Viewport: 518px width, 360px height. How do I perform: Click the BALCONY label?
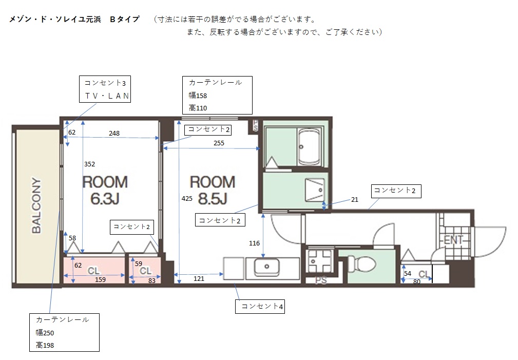click(36, 205)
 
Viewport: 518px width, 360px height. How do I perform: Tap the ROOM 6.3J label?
click(105, 190)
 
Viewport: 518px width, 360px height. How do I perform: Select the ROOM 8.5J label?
click(213, 190)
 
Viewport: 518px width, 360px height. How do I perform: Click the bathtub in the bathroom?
click(309, 147)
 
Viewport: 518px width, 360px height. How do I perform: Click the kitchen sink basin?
click(266, 267)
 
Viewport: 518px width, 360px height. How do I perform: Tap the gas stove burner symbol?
click(319, 260)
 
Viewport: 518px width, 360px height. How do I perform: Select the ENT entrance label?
click(454, 240)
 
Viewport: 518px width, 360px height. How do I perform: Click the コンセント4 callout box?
click(260, 307)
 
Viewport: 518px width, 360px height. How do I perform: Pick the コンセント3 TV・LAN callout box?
click(105, 89)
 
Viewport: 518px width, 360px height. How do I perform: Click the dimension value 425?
click(187, 198)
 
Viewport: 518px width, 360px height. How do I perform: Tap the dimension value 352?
click(89, 164)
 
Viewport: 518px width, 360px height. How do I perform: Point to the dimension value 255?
click(219, 143)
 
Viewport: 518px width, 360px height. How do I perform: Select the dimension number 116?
click(254, 243)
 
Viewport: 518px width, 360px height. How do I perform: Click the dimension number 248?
click(114, 133)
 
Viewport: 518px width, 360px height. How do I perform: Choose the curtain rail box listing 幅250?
click(64, 332)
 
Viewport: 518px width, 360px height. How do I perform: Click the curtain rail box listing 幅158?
click(217, 95)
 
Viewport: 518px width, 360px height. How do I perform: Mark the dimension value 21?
click(354, 200)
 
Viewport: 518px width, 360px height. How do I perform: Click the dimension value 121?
click(199, 279)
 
